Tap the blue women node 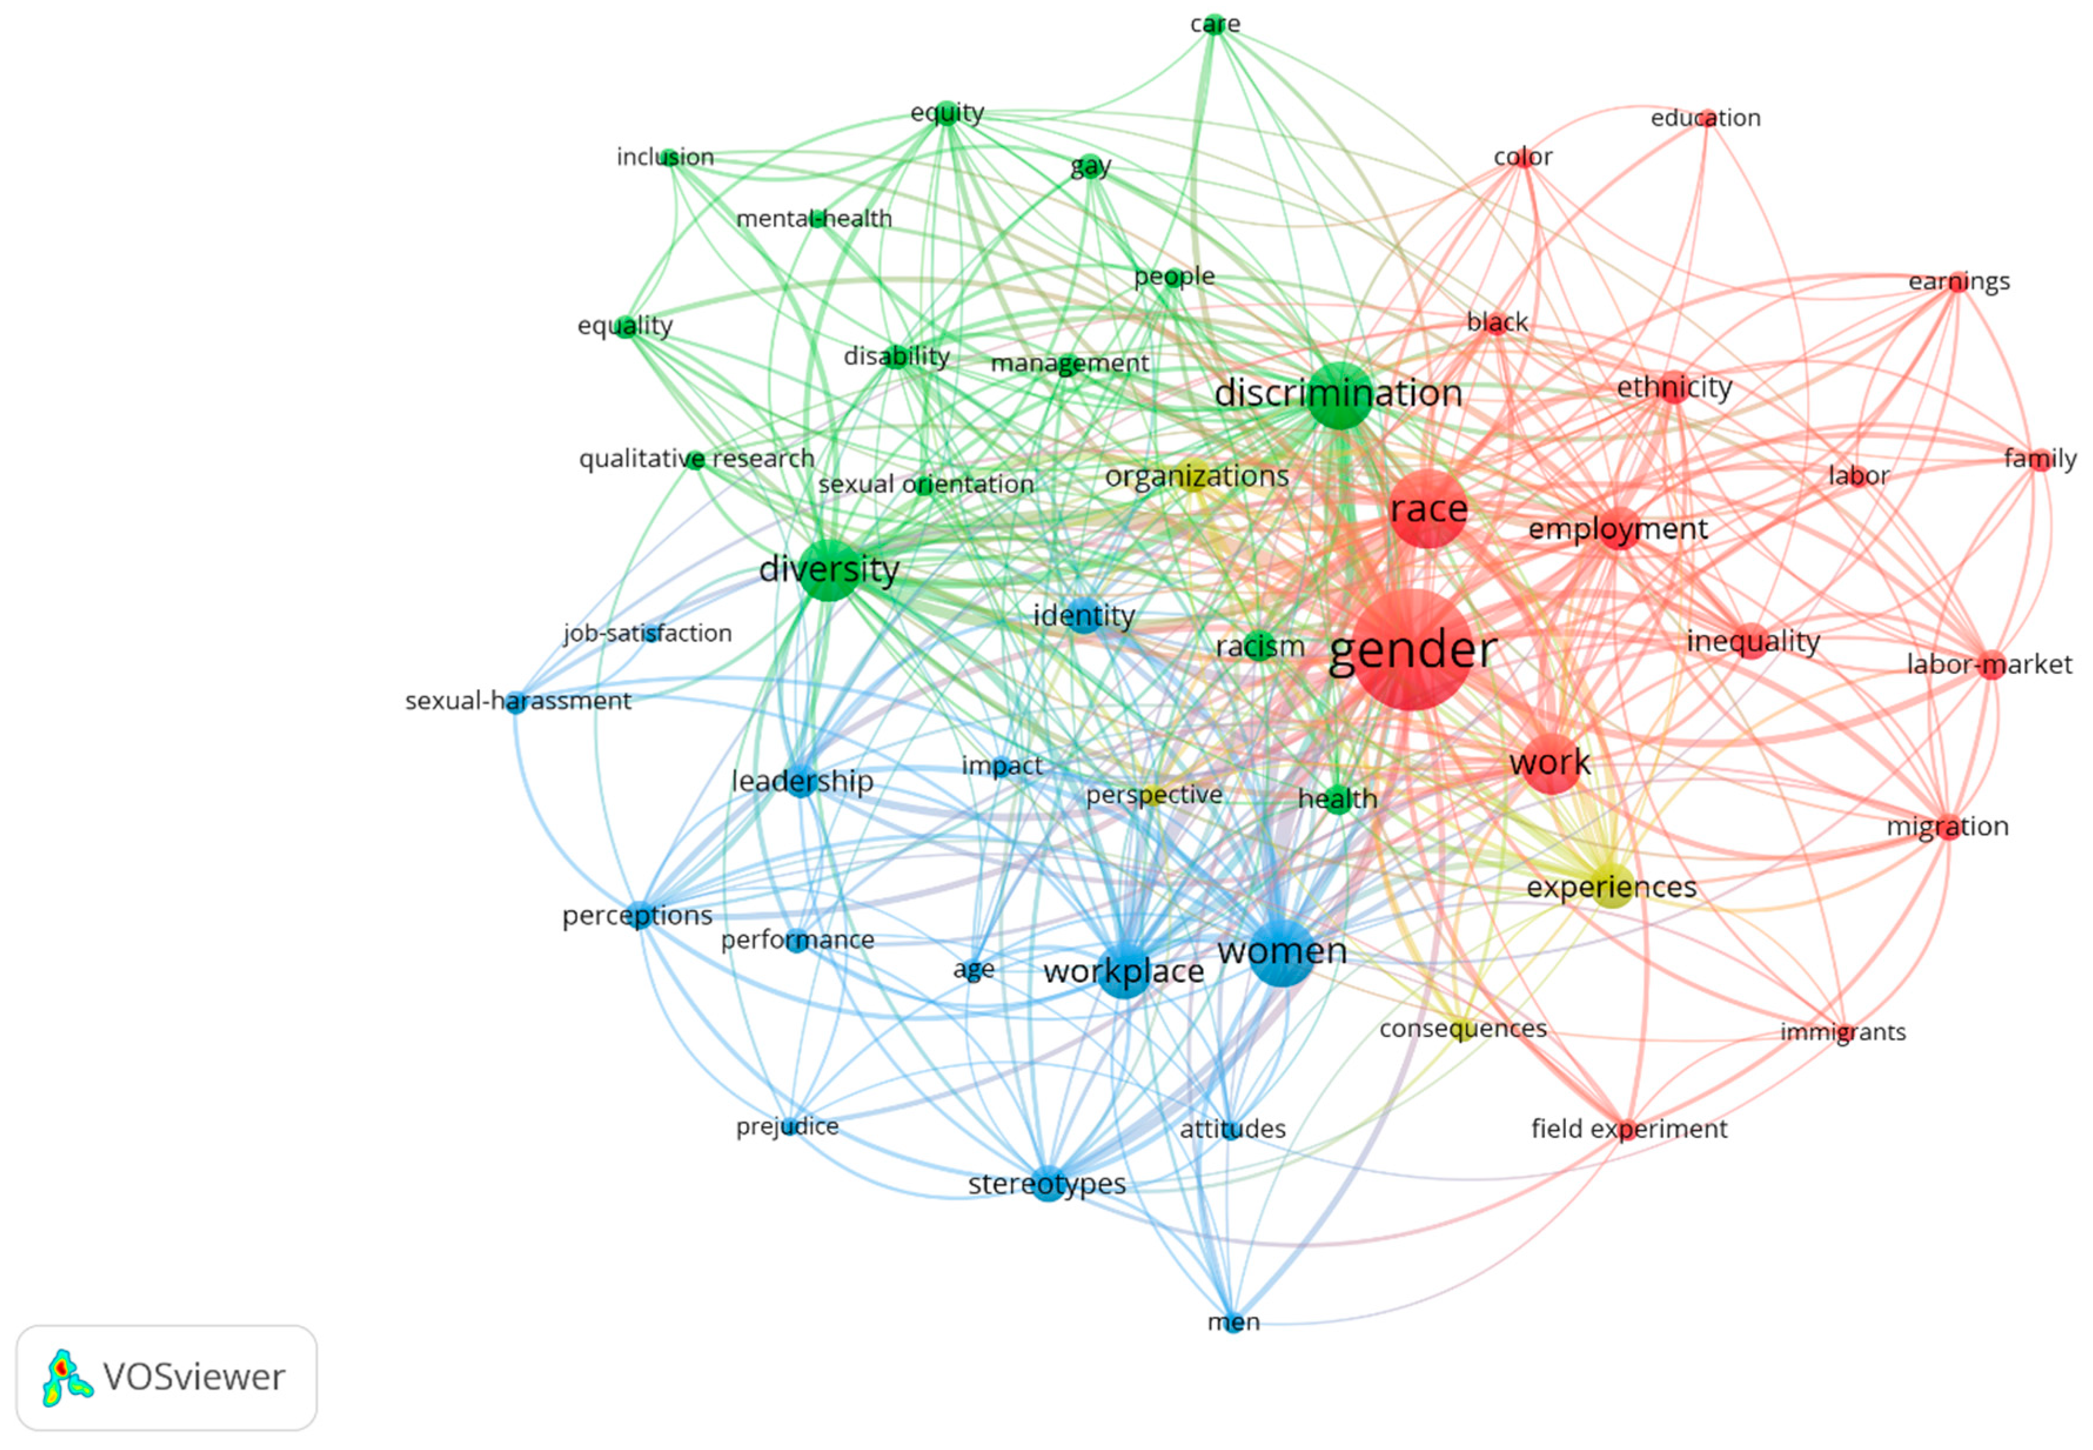point(1281,952)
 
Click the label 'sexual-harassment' point(518,700)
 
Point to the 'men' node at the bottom point(1233,1322)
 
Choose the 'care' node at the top point(1215,24)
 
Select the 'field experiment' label point(1629,1129)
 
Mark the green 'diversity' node point(829,570)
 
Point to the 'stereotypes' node point(1048,1183)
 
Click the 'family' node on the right point(2040,459)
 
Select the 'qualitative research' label point(697,459)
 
